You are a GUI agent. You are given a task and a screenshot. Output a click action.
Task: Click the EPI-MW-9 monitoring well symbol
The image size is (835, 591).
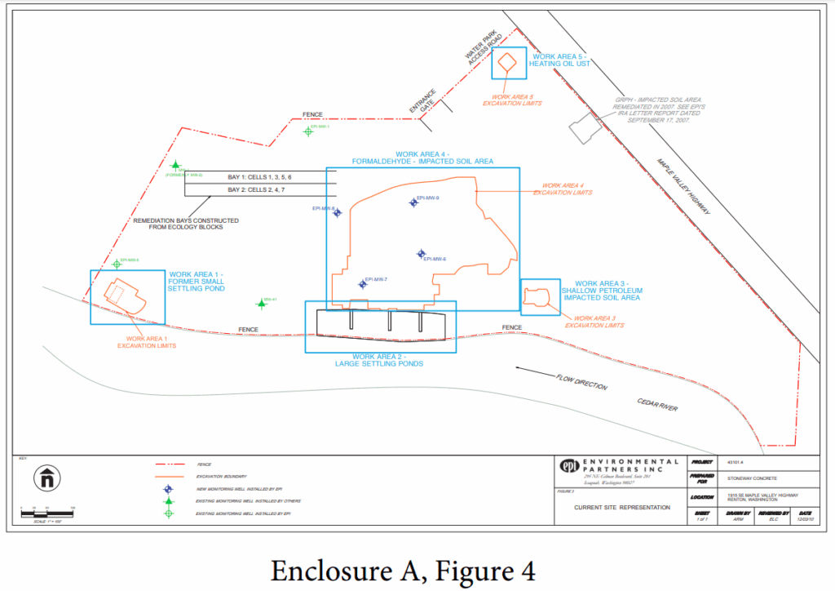click(x=413, y=202)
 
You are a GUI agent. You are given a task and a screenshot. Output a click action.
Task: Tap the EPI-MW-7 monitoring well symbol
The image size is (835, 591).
click(x=363, y=284)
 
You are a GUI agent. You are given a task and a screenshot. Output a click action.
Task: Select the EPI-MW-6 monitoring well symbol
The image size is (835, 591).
click(x=421, y=254)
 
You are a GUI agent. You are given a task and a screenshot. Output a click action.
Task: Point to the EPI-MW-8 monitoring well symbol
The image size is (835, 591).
click(x=338, y=213)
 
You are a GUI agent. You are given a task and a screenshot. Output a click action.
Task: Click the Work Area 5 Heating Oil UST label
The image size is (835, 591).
click(x=559, y=60)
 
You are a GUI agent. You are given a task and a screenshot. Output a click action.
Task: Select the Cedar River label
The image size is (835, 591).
click(x=660, y=405)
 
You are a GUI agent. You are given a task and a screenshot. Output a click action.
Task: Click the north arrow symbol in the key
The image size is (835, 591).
click(x=46, y=478)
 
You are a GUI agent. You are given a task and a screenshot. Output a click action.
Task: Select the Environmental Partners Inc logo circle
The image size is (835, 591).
click(x=568, y=466)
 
